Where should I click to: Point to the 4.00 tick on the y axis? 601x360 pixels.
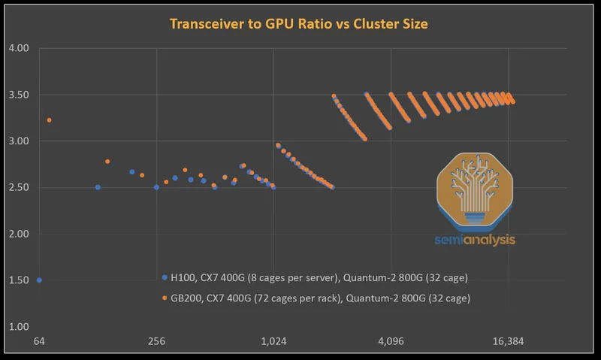pos(18,48)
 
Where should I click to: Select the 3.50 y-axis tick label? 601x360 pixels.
pos(18,95)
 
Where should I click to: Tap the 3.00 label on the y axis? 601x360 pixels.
pos(18,141)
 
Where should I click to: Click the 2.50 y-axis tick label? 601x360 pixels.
pos(18,188)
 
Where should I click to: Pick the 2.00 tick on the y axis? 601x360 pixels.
pos(18,234)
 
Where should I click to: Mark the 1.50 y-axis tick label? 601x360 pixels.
pos(18,280)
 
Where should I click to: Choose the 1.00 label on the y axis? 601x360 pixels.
pos(18,327)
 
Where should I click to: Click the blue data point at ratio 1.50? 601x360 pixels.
pos(39,280)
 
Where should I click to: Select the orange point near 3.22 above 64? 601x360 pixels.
pos(50,120)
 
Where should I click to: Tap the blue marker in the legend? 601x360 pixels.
pos(165,278)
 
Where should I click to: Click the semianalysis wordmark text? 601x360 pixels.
pos(475,241)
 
